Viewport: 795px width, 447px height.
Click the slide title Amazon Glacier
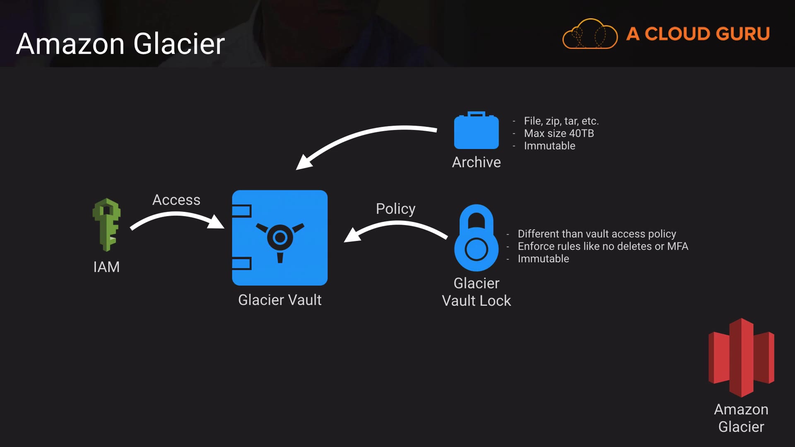[120, 44]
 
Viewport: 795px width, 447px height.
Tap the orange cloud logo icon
[590, 34]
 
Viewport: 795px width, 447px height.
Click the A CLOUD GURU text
[698, 34]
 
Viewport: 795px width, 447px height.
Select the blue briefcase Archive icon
[476, 131]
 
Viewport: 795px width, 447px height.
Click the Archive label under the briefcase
[476, 162]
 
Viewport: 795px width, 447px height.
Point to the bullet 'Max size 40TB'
[559, 133]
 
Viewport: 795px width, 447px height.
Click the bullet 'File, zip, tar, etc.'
[561, 121]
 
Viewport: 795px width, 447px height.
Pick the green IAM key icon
[106, 224]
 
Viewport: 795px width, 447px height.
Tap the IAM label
[106, 267]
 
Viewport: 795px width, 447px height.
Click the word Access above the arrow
[176, 200]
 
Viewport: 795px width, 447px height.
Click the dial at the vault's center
[280, 238]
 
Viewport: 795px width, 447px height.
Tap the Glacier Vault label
[280, 300]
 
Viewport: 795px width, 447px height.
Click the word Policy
[395, 209]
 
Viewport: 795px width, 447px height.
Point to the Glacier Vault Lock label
[476, 292]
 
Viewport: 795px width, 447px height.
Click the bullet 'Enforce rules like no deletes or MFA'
[602, 246]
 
